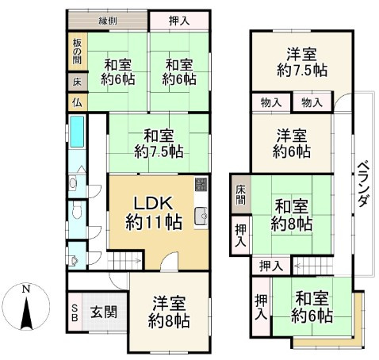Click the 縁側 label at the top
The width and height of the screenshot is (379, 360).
pos(109,21)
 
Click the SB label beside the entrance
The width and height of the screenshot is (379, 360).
pos(75,310)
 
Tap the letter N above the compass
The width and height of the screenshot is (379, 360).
pos(25,289)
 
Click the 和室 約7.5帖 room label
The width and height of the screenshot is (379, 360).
pos(159,142)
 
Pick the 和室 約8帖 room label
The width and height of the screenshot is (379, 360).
pos(291,213)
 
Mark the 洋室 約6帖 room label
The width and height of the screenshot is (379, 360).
pos(291,141)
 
